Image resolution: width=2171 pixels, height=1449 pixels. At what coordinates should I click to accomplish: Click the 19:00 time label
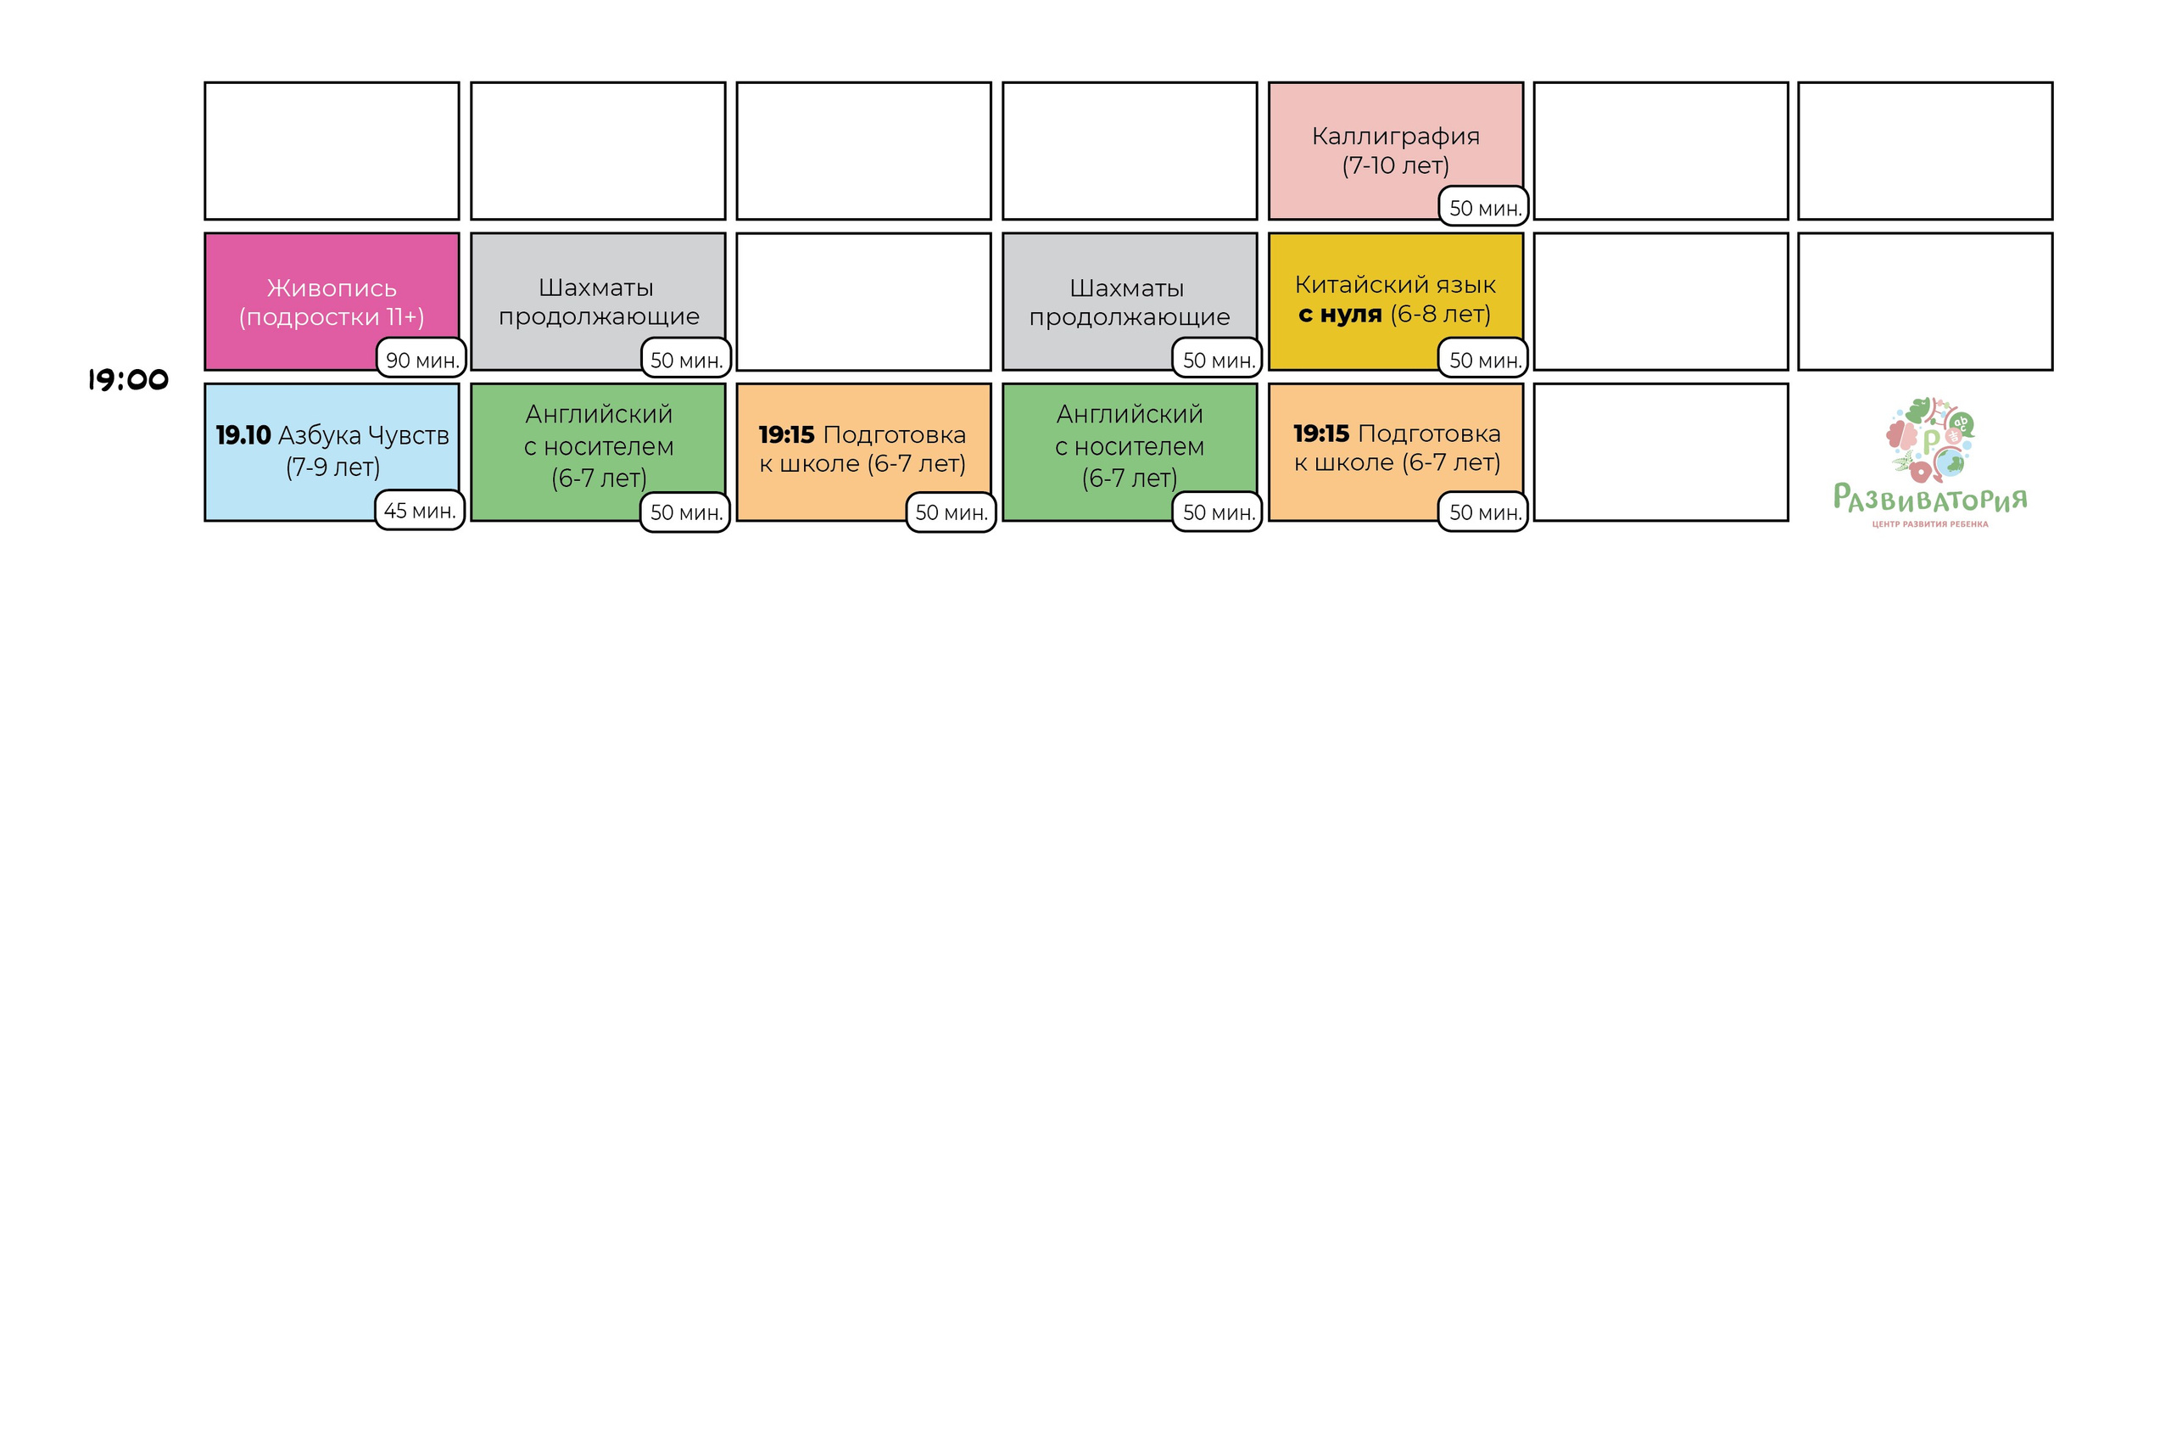[128, 380]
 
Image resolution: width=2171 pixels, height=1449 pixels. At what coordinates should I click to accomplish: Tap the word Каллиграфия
[1395, 136]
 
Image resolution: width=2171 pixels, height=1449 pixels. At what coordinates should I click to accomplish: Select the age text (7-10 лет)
[1395, 165]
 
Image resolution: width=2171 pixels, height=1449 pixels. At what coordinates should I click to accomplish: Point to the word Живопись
[332, 288]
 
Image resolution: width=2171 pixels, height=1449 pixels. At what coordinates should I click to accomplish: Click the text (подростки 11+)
[332, 317]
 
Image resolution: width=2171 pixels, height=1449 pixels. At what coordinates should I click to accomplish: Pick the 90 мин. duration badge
[421, 360]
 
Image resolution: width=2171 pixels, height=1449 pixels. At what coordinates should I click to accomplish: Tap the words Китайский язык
[1395, 285]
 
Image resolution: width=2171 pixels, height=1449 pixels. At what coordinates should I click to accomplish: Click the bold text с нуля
[1340, 314]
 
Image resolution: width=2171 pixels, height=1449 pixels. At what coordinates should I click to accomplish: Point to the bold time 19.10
[243, 435]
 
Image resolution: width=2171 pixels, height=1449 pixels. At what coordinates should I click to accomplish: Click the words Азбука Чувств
[364, 435]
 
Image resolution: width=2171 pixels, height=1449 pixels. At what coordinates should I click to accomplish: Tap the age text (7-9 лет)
[332, 467]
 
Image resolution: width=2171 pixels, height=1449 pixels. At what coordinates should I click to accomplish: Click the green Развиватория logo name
[1930, 499]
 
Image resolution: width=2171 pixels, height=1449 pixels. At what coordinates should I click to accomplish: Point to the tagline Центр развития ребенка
[1930, 524]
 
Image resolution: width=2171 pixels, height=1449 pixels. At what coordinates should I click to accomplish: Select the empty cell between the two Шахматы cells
[864, 301]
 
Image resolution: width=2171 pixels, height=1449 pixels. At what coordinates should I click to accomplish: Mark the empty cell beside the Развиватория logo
[1660, 452]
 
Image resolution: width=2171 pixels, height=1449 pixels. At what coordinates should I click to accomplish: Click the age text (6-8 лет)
[1440, 314]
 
